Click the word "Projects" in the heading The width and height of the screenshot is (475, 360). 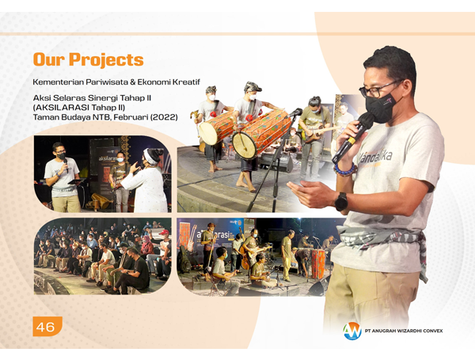pos(106,59)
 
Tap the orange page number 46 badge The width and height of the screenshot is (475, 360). pos(47,327)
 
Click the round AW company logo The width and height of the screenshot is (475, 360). pos(352,331)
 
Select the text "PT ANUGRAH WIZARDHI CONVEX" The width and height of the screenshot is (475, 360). pos(404,331)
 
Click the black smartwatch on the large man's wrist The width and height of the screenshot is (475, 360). pos(341,201)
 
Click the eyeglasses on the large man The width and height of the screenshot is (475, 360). pos(379,88)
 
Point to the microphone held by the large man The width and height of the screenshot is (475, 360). pos(353,137)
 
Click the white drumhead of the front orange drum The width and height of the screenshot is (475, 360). pos(245,146)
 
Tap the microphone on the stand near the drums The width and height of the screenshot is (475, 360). pos(294,113)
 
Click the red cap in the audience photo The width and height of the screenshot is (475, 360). pos(164,233)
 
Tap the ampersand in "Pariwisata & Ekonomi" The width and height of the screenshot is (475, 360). pos(132,81)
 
